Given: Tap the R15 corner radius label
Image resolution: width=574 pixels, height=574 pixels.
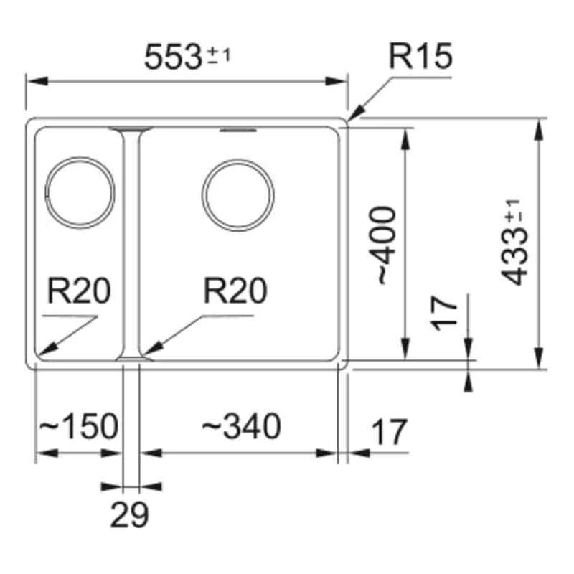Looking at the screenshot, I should [420, 56].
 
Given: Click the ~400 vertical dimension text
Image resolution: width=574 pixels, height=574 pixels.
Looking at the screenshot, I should [385, 244].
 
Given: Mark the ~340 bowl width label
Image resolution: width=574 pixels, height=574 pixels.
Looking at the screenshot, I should [240, 428].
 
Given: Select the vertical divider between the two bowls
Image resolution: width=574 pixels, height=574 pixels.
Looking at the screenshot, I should [131, 244].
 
